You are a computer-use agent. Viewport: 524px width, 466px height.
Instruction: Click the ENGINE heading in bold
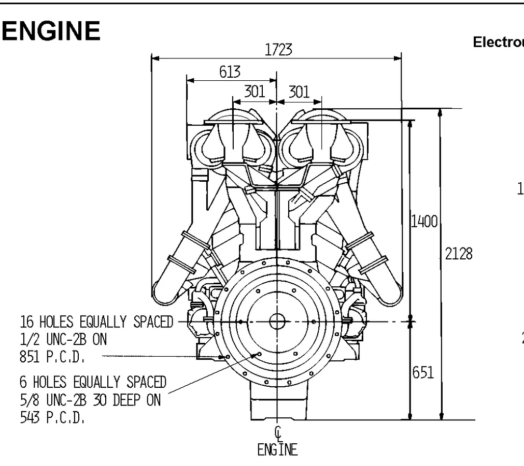pyautogui.click(x=51, y=32)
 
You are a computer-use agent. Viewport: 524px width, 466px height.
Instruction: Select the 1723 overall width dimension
pyautogui.click(x=278, y=50)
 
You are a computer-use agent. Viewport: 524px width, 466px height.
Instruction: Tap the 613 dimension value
pyautogui.click(x=230, y=72)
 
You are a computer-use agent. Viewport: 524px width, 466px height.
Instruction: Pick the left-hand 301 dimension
pyautogui.click(x=254, y=92)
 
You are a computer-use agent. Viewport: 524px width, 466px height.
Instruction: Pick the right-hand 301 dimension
pyautogui.click(x=299, y=92)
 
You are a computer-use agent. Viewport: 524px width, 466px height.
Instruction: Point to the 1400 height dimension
pyautogui.click(x=424, y=223)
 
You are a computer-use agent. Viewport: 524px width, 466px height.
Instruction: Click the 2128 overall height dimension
pyautogui.click(x=459, y=254)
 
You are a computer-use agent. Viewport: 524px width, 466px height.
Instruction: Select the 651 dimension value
pyautogui.click(x=423, y=373)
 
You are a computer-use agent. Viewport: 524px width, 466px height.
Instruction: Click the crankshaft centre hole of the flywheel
pyautogui.click(x=277, y=322)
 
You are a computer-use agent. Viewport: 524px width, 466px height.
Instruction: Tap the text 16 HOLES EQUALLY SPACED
pyautogui.click(x=96, y=322)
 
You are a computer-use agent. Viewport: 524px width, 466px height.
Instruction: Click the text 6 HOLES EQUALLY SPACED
pyautogui.click(x=93, y=382)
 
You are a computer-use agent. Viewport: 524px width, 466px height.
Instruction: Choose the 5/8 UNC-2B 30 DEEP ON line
pyautogui.click(x=90, y=400)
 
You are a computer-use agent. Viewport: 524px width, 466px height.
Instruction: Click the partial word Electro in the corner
pyautogui.click(x=498, y=42)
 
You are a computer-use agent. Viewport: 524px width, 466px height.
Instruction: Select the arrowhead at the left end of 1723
pyautogui.click(x=154, y=59)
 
